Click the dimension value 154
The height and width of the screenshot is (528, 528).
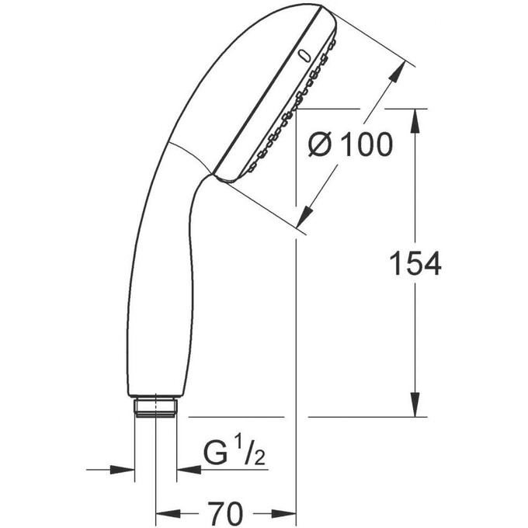pyautogui.click(x=415, y=264)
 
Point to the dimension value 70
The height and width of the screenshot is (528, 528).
pyautogui.click(x=225, y=512)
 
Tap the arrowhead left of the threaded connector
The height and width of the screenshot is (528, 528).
pyautogui.click(x=124, y=469)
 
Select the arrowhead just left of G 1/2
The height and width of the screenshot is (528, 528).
pyautogui.click(x=186, y=469)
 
